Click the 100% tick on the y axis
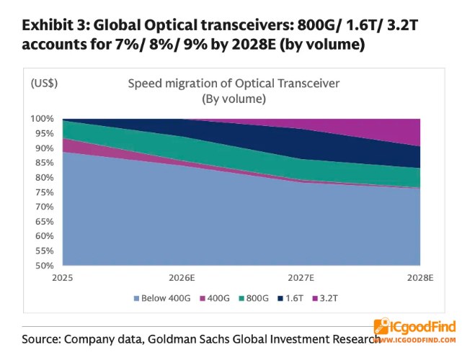pyautogui.click(x=42, y=119)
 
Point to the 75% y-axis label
pyautogui.click(x=45, y=192)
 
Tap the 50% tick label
pyautogui.click(x=45, y=266)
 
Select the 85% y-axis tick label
pyautogui.click(x=45, y=163)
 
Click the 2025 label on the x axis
pyautogui.click(x=63, y=278)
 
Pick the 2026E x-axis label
pyautogui.click(x=182, y=278)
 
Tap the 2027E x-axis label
pyautogui.click(x=301, y=278)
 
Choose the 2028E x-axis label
pyautogui.click(x=420, y=278)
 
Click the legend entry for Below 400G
pyautogui.click(x=162, y=299)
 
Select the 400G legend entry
pyautogui.click(x=215, y=299)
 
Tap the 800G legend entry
pyautogui.click(x=254, y=299)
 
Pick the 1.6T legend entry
pyautogui.click(x=290, y=299)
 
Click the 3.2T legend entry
pyautogui.click(x=325, y=299)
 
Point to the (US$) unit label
pyautogui.click(x=44, y=84)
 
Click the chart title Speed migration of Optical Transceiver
pyautogui.click(x=234, y=84)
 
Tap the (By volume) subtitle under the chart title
pyautogui.click(x=234, y=99)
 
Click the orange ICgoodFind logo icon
pyautogui.click(x=381, y=326)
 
